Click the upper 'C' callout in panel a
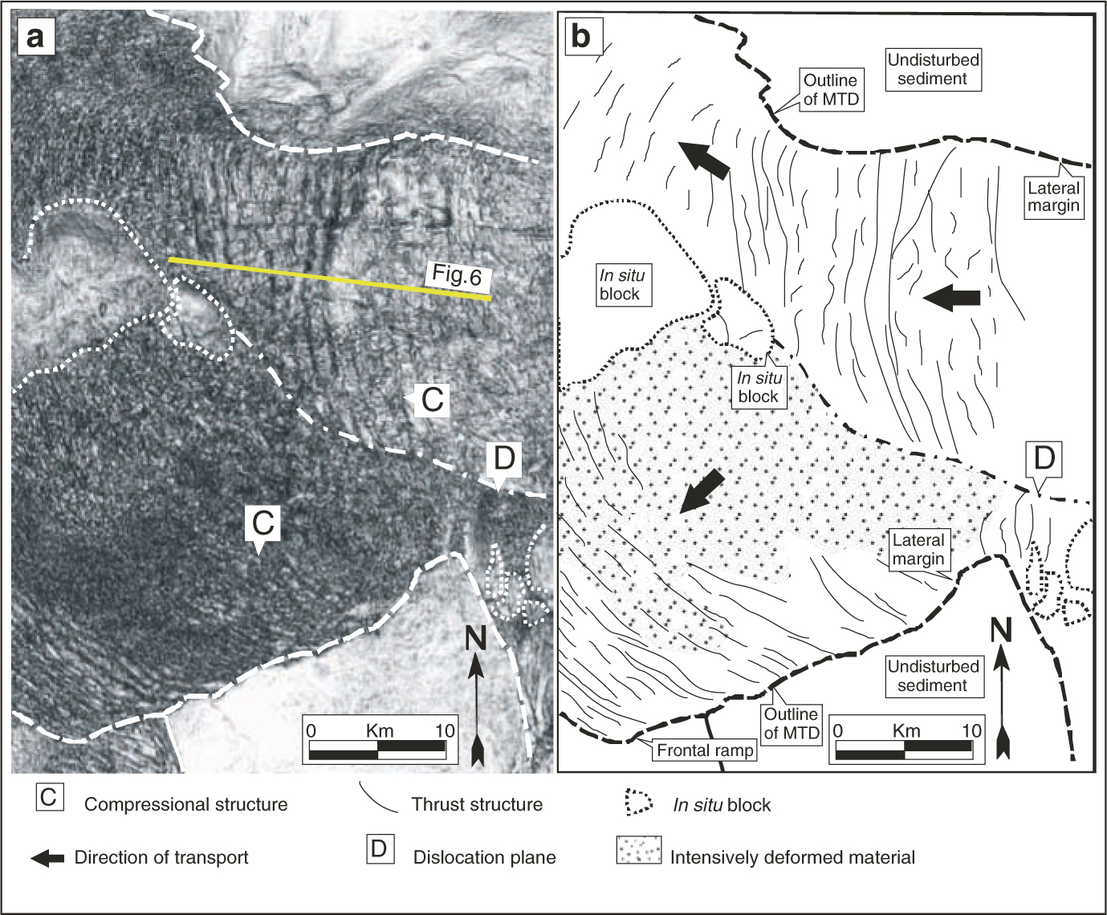[x=432, y=400]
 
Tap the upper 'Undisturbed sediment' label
[x=932, y=69]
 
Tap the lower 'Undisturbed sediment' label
[x=932, y=676]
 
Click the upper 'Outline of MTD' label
[x=831, y=90]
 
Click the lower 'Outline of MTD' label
[x=791, y=722]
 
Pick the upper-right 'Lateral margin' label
[x=1054, y=197]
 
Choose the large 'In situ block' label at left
[x=620, y=283]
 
